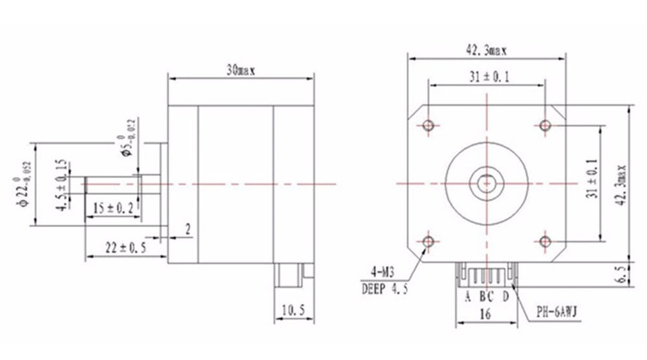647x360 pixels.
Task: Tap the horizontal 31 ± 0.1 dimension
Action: point(486,78)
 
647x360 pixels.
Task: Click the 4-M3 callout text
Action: point(383,273)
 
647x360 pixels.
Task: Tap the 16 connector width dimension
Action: point(485,313)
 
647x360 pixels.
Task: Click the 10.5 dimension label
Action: point(293,311)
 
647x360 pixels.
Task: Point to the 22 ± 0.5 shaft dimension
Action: point(124,248)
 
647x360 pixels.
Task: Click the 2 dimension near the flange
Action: point(188,230)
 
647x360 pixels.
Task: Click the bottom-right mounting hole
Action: point(545,241)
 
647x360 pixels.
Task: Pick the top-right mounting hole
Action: point(545,125)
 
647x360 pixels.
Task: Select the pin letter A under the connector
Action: point(467,295)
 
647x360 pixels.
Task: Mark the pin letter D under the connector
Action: point(505,295)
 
